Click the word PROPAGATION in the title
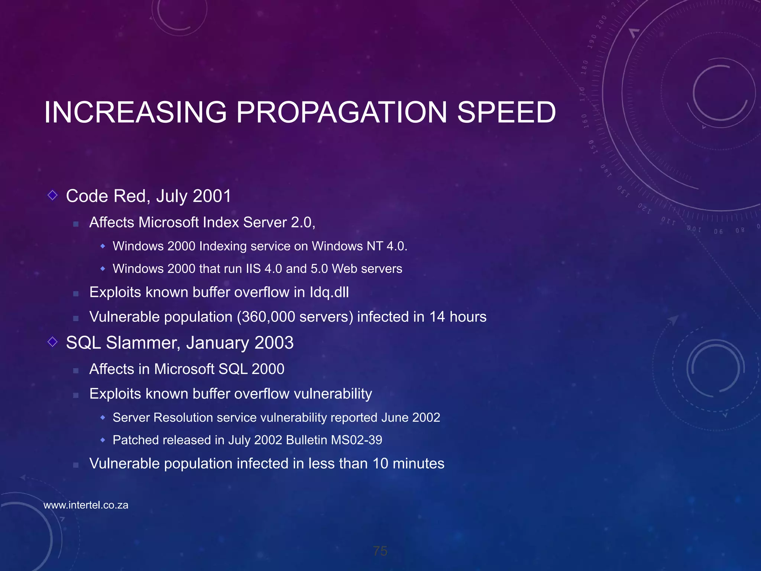pyautogui.click(x=341, y=112)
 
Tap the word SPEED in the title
pyautogui.click(x=506, y=112)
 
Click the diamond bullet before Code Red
pyautogui.click(x=52, y=195)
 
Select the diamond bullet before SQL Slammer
pyautogui.click(x=52, y=342)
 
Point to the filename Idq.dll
pyautogui.click(x=329, y=293)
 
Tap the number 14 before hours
pyautogui.click(x=437, y=317)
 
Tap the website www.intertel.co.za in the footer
pyautogui.click(x=86, y=505)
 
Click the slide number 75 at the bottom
pyautogui.click(x=380, y=551)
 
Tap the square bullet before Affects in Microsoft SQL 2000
pyautogui.click(x=76, y=371)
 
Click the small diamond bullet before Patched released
pyautogui.click(x=103, y=440)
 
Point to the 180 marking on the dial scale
pyautogui.click(x=584, y=67)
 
